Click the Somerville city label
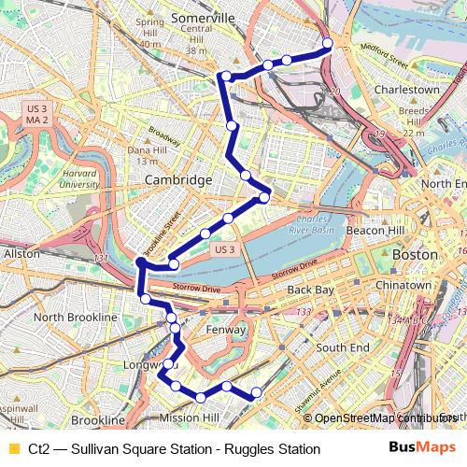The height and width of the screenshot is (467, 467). coord(210,18)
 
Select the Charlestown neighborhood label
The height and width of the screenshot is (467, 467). coord(406,90)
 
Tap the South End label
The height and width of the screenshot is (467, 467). coord(342,347)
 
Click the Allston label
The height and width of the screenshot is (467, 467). coord(22,253)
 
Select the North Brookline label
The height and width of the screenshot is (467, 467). coord(75,317)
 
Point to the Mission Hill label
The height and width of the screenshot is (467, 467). coord(189,417)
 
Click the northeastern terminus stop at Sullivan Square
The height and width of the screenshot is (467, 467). coord(328,44)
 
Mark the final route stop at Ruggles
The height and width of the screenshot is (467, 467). coord(257,391)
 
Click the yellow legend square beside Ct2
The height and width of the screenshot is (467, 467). coord(13,449)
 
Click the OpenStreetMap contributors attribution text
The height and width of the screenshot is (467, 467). coord(383,417)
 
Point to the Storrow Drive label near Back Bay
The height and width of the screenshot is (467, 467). coord(295,272)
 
